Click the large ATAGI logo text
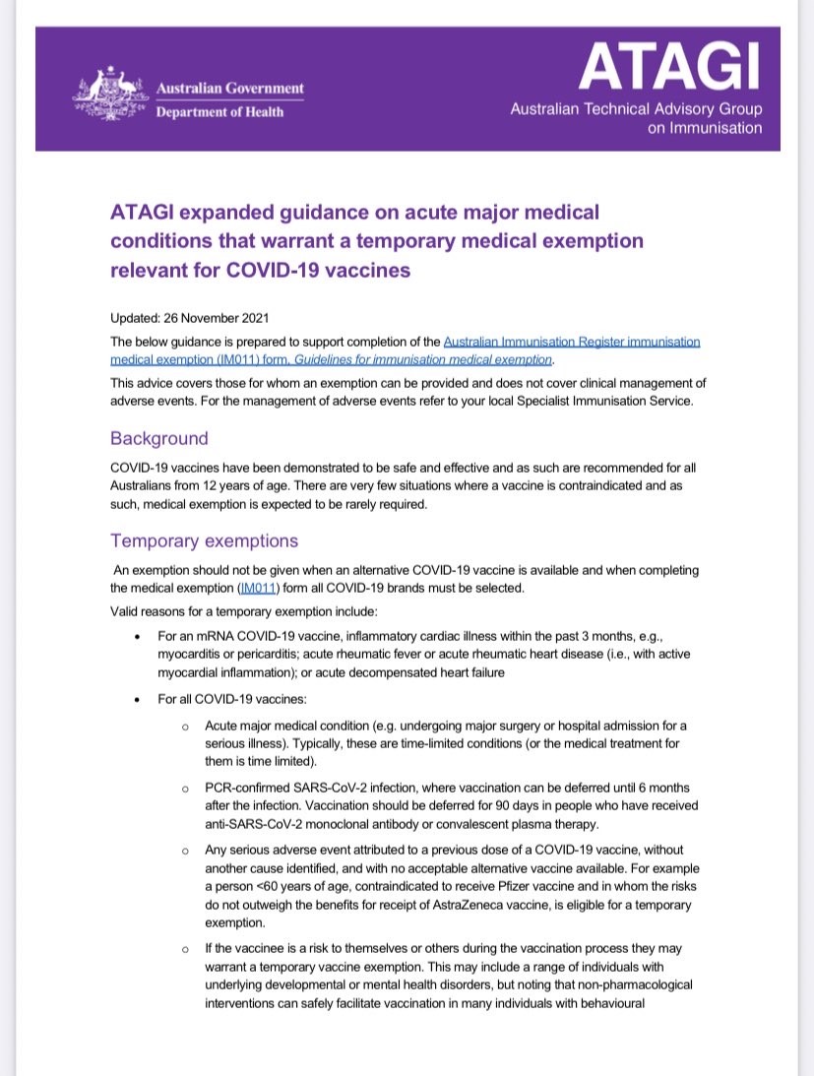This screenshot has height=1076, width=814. coord(669,65)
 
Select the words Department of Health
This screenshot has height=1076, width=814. coord(220,111)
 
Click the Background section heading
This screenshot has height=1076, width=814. coord(159,438)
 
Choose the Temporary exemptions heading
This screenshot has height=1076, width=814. coord(204,540)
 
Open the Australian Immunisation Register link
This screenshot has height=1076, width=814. coord(572,342)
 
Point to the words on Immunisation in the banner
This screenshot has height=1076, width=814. coord(705,128)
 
